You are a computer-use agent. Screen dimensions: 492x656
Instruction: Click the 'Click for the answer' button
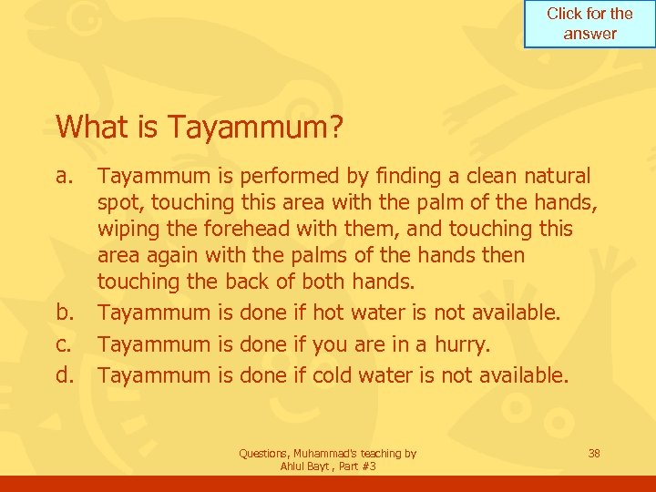589,24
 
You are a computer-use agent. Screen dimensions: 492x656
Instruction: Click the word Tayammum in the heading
251,127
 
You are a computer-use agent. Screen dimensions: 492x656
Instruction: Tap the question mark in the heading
337,127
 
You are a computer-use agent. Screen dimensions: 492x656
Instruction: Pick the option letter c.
64,344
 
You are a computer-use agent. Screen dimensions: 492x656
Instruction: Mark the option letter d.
65,374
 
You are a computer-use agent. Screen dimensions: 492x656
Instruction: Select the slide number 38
594,453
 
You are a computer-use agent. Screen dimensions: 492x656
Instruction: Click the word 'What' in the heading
87,127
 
